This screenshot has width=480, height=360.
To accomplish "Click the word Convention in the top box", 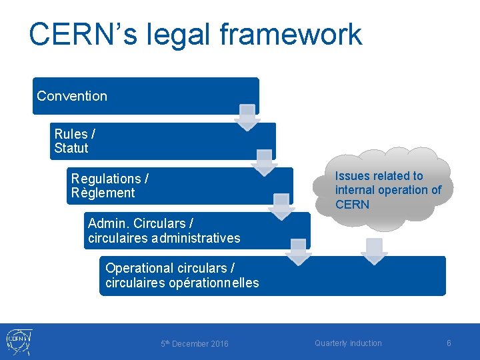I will pyautogui.click(x=72, y=96).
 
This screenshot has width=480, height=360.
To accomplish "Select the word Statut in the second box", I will pyautogui.click(x=71, y=148).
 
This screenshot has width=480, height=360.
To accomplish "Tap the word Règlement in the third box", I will pyautogui.click(x=103, y=193).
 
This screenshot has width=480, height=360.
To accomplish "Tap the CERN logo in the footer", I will pyautogui.click(x=19, y=341).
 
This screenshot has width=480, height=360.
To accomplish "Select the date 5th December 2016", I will pyautogui.click(x=194, y=344).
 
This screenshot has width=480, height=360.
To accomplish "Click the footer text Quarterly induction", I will pyautogui.click(x=348, y=343).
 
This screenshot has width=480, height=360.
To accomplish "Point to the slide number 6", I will pyautogui.click(x=449, y=343).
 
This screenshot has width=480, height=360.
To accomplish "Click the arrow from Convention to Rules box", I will pyautogui.click(x=247, y=117).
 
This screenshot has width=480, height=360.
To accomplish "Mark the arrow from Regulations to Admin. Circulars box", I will pyautogui.click(x=281, y=207).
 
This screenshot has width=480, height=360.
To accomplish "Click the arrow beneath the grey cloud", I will pyautogui.click(x=374, y=251).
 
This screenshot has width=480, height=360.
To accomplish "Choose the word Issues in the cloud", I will pyautogui.click(x=352, y=176).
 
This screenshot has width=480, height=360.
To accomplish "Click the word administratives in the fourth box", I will pyautogui.click(x=195, y=238).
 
